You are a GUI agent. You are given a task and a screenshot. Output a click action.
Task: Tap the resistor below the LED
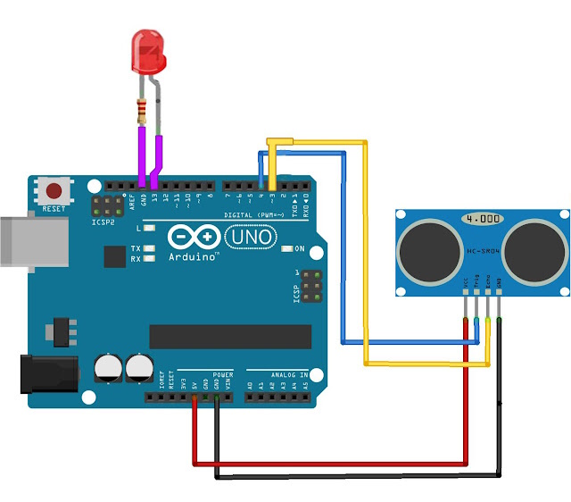pos(142,111)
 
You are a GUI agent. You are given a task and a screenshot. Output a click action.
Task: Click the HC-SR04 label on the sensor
pos(482,253)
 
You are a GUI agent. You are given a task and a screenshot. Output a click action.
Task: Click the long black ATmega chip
pos(229,336)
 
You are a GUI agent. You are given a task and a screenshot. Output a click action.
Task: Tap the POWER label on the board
pos(222,375)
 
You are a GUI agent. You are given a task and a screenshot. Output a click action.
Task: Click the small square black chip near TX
pos(114,256)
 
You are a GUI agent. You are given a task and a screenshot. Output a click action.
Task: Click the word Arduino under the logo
pos(194,256)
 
